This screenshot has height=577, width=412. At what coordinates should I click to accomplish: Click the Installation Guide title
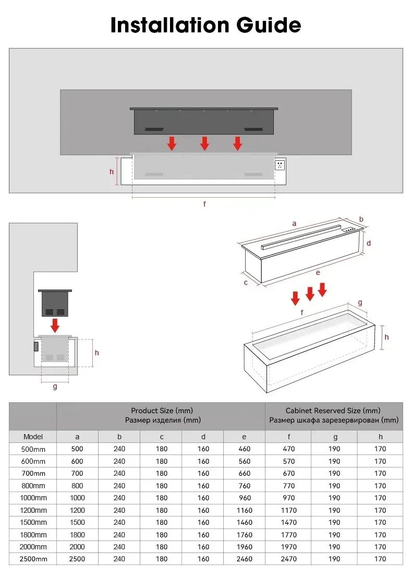click(205, 25)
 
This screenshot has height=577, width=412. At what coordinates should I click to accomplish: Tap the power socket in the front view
click(281, 165)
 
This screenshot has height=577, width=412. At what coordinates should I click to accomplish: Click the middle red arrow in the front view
click(205, 143)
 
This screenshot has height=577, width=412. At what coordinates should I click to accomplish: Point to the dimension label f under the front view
click(204, 204)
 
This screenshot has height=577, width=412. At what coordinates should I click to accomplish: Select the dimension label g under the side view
click(55, 387)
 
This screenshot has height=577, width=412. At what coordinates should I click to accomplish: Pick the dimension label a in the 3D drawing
click(294, 223)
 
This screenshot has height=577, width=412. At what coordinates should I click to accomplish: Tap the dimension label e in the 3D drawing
click(318, 272)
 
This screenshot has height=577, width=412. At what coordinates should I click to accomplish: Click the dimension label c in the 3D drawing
click(246, 282)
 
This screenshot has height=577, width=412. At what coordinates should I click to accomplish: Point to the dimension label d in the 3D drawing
click(368, 243)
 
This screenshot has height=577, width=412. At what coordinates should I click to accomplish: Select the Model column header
click(33, 437)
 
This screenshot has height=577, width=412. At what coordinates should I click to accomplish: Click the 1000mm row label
click(33, 498)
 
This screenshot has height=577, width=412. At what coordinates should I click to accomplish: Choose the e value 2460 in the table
click(244, 559)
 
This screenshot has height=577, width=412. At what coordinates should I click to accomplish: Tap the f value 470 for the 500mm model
click(288, 449)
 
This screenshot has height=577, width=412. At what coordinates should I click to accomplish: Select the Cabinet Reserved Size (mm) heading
click(333, 411)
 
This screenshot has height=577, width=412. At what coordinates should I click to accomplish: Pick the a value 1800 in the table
click(78, 535)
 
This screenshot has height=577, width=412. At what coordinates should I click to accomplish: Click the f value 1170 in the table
click(288, 510)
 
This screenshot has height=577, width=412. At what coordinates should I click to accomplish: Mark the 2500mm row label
click(33, 559)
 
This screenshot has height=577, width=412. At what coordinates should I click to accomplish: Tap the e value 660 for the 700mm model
click(244, 474)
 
